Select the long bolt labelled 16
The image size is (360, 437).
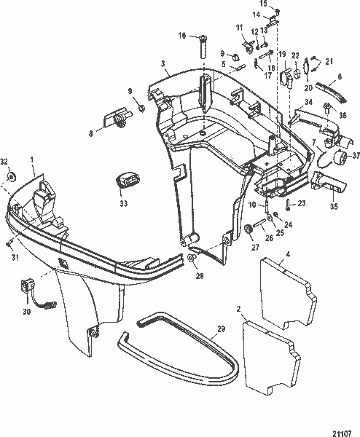tap(197, 51)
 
